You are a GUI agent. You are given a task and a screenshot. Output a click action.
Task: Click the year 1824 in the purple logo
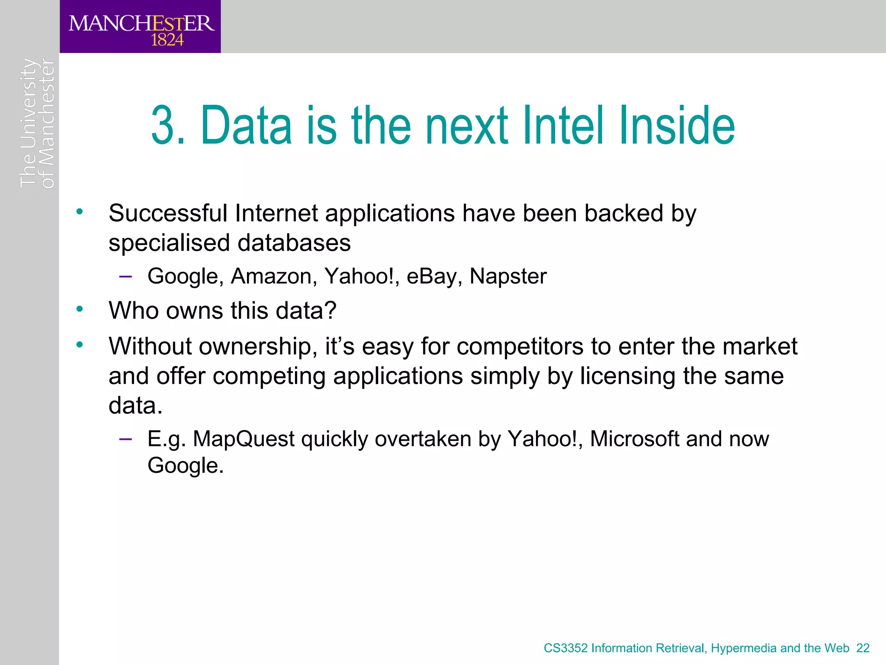tap(167, 40)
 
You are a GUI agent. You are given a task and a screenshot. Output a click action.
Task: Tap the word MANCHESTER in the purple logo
tap(141, 23)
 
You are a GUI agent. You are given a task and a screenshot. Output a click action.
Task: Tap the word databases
tap(294, 242)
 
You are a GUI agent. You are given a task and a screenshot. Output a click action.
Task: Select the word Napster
tap(508, 276)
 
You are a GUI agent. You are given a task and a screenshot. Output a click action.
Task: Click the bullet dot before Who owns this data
tap(79, 309)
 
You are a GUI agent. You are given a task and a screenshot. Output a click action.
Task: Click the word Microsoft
tap(634, 439)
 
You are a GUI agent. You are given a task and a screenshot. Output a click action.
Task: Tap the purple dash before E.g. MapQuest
tap(125, 439)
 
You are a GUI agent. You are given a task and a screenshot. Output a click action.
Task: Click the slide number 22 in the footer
tap(863, 648)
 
